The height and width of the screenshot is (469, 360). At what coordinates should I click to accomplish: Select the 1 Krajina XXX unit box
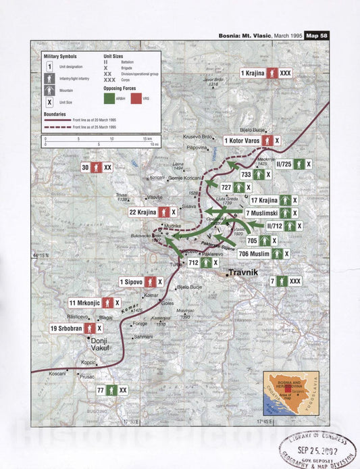266,72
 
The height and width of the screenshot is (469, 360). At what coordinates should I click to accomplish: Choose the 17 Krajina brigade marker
274,200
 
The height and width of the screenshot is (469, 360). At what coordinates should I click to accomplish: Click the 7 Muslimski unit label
271,213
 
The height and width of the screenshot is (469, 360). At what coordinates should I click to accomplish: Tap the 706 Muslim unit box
253,254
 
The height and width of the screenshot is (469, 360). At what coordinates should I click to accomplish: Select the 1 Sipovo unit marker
140,282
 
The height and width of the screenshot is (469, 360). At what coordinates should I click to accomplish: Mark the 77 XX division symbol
112,390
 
